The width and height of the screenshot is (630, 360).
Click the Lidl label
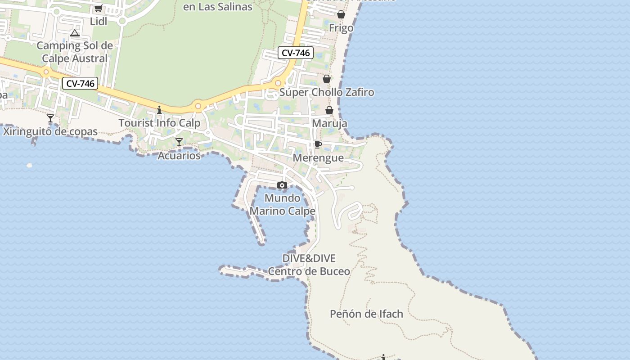click(99, 21)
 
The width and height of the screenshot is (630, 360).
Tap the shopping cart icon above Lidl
click(98, 8)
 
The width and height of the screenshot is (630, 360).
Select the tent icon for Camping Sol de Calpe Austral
click(75, 33)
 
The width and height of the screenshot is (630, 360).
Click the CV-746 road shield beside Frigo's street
click(295, 53)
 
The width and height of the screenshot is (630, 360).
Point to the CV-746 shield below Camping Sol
click(80, 83)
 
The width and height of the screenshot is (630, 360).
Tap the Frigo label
click(341, 28)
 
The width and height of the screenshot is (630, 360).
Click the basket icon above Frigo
click(341, 14)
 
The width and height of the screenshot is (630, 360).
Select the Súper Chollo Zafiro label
click(327, 92)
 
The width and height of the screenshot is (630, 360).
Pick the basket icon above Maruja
click(329, 110)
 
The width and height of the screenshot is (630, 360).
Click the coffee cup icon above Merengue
click(318, 144)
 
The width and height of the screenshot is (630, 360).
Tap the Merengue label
click(318, 158)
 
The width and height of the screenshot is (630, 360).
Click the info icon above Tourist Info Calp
click(159, 110)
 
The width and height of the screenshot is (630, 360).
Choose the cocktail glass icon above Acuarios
click(179, 142)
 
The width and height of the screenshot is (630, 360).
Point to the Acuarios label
click(179, 156)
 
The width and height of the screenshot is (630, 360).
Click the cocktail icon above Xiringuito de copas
click(50, 118)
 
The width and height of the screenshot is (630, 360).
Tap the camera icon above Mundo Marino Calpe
click(282, 185)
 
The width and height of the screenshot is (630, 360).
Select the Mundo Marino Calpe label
click(282, 204)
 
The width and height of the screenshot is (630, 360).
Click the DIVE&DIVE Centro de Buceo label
click(309, 265)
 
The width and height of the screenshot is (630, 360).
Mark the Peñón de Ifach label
click(366, 314)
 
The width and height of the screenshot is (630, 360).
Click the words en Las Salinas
click(218, 6)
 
